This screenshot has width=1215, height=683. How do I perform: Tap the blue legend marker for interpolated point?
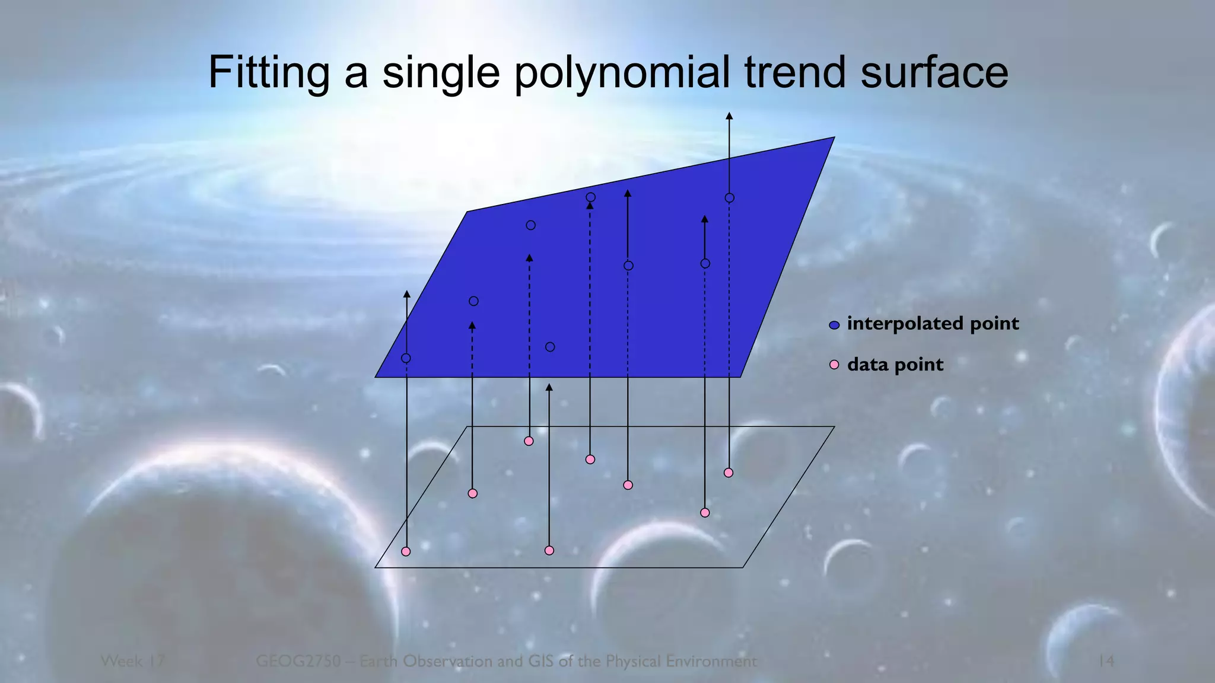834,325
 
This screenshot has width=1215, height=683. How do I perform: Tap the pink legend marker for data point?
834,365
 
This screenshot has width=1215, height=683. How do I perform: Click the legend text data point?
895,364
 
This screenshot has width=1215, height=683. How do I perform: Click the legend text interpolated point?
933,323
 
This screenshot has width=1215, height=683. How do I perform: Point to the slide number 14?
1105,660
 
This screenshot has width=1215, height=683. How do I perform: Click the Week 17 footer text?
132,660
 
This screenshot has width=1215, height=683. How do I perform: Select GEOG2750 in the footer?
298,660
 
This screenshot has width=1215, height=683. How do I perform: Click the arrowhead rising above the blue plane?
729,116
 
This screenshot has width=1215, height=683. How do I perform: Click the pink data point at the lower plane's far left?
406,551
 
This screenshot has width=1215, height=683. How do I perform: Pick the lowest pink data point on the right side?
705,513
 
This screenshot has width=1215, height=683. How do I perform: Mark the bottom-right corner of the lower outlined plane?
742,567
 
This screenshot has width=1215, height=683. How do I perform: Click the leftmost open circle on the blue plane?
406,358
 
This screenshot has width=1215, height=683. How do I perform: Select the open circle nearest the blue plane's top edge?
590,197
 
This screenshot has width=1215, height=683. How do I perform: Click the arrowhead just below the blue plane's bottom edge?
549,388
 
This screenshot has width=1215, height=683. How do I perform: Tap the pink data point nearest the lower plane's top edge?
529,441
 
